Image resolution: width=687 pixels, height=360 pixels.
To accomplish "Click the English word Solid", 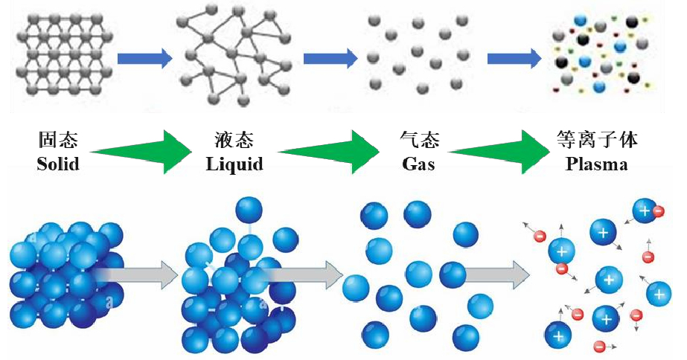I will click(57, 164).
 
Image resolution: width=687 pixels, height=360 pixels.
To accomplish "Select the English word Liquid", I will click(234, 164).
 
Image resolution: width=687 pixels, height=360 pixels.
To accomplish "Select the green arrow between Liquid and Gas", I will click(328, 152).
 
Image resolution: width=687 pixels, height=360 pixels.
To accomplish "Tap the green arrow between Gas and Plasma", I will click(503, 152).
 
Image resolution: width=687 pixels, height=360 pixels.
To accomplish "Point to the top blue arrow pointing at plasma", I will click(514, 57).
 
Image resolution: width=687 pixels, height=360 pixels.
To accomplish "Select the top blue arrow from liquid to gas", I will click(330, 57).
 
